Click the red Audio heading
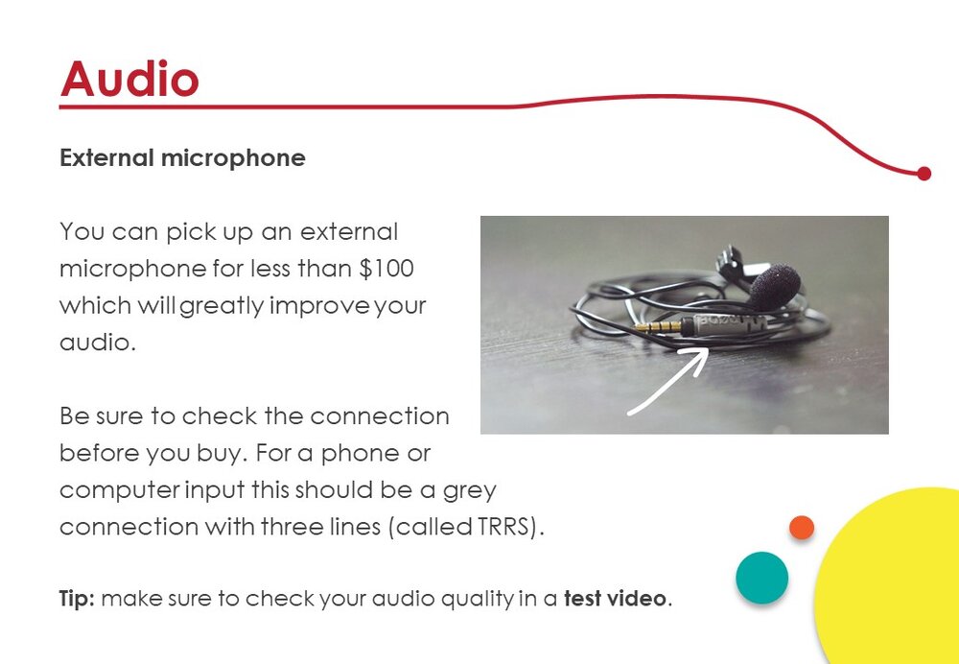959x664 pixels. coord(129,79)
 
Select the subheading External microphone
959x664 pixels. coord(182,158)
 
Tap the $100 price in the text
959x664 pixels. coord(386,269)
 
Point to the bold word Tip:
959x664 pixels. coord(77,599)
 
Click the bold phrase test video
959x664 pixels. coord(616,598)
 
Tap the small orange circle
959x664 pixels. coord(801,528)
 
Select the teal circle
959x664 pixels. coord(762,578)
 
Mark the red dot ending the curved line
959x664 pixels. coord(924,174)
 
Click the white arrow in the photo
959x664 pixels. coord(668,381)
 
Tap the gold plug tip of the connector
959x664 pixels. coord(658,327)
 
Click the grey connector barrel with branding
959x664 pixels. coord(729,324)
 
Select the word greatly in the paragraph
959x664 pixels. coord(222,306)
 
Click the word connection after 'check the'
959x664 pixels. coord(380,416)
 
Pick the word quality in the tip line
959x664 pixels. coord(477,599)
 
